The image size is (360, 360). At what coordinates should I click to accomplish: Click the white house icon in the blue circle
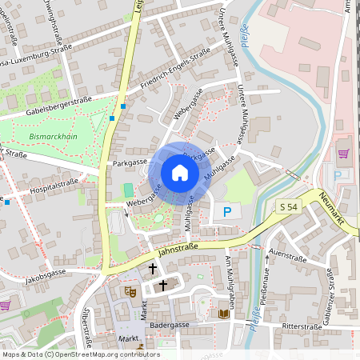coord(180,173)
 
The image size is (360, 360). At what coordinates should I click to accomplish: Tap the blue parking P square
coord(227,212)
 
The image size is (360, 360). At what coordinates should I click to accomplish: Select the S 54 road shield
coord(290,206)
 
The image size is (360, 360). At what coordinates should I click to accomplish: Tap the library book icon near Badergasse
coord(224,314)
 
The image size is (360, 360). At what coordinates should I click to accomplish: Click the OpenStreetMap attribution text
coord(80,354)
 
